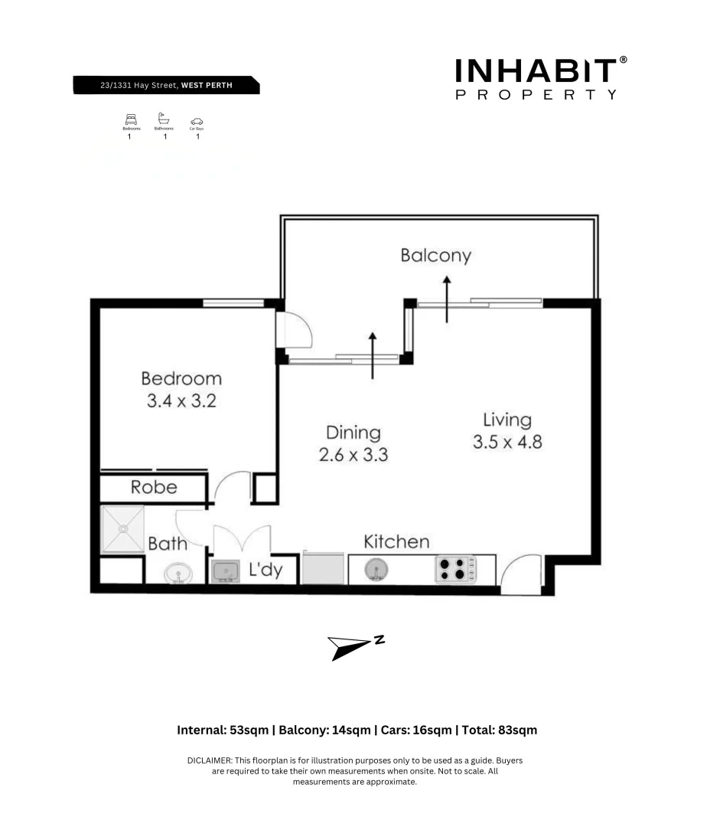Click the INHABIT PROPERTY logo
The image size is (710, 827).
[540, 79]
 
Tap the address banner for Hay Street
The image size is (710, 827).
[166, 85]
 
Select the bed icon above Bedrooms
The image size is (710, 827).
[131, 119]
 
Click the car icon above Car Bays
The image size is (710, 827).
[197, 121]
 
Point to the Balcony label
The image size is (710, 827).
[435, 255]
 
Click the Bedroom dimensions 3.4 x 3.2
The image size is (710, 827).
[181, 400]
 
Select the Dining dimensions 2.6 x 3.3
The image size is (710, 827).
[353, 454]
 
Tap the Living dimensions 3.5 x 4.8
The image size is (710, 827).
[506, 442]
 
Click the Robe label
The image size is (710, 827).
[154, 487]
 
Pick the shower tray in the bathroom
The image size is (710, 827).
[122, 528]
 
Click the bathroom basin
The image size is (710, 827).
[178, 572]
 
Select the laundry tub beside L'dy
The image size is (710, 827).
[225, 571]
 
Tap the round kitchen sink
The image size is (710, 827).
[376, 570]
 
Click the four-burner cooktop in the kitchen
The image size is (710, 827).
[454, 569]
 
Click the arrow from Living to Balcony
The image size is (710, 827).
[446, 299]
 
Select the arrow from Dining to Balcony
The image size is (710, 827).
[373, 355]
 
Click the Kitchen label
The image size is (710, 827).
[396, 541]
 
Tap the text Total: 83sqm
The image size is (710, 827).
[498, 730]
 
